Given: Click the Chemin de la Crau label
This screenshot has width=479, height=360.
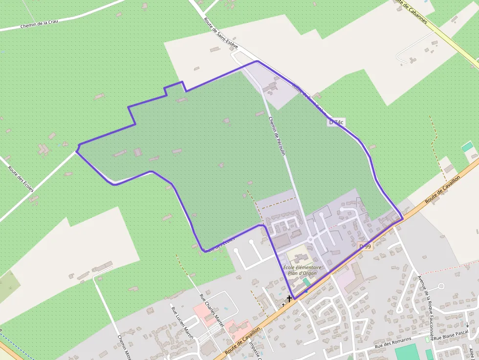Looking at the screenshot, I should (39, 23).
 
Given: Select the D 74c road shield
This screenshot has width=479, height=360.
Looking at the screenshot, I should (336, 123).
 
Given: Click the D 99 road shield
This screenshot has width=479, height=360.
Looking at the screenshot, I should (365, 247).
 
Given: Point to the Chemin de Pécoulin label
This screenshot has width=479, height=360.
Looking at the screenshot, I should (276, 136).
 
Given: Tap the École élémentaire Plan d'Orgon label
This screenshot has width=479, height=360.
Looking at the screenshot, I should (303, 270).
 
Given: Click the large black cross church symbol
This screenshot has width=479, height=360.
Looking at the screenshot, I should (289, 298).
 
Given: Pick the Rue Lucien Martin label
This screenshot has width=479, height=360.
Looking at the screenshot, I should (182, 322).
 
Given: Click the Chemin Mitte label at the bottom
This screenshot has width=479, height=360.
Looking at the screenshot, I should (125, 348).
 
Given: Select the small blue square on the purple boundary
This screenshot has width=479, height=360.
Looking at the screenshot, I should (306, 292).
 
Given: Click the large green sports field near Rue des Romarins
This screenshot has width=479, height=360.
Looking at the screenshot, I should (407, 352).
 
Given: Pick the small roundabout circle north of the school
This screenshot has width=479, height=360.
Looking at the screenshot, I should (310, 240).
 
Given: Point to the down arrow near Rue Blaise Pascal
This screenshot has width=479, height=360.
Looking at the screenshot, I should (467, 324).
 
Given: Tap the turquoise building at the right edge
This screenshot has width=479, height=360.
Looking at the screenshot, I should (468, 147).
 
